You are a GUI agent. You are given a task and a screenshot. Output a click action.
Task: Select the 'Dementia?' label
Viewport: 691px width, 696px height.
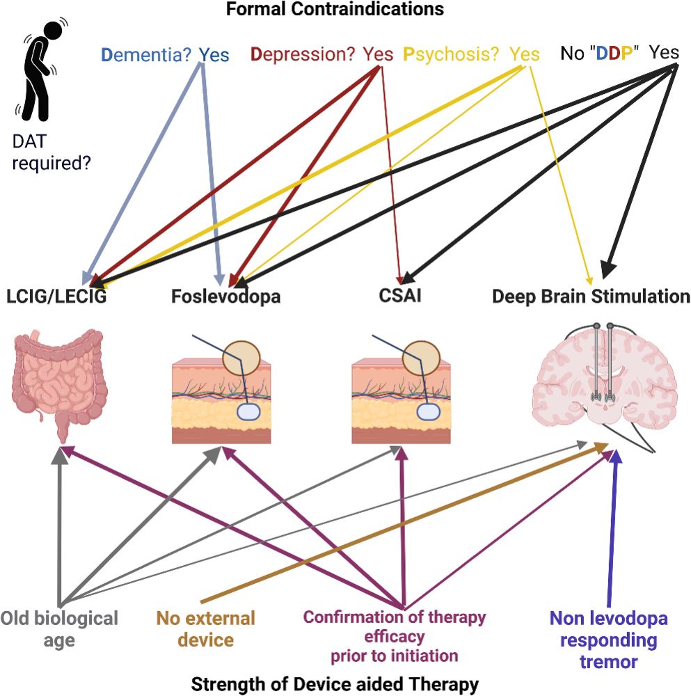pyautogui.click(x=148, y=54)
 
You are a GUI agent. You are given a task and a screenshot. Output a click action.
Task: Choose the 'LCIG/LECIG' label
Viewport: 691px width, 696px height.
pyautogui.click(x=57, y=297)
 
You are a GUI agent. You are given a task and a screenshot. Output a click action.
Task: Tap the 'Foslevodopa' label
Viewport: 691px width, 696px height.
pyautogui.click(x=226, y=297)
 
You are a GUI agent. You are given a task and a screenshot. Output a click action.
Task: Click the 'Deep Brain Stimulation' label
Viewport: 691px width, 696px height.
pyautogui.click(x=591, y=297)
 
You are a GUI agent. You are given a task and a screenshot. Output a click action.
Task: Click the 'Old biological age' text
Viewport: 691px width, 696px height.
pyautogui.click(x=59, y=628)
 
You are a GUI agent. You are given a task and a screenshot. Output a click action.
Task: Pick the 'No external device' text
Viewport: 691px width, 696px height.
pyautogui.click(x=205, y=628)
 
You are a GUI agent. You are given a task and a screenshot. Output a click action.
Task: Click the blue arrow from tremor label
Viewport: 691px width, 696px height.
pyautogui.click(x=613, y=529)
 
